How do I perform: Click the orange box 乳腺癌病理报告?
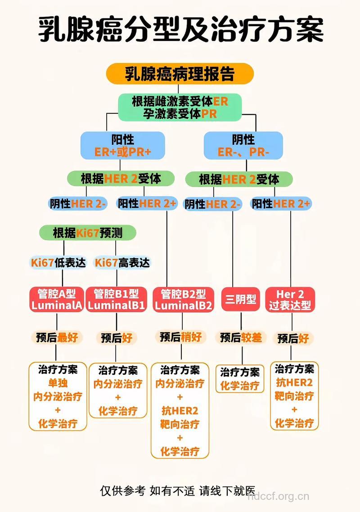pyautogui.click(x=180, y=74)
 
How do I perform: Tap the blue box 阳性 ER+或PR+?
pyautogui.click(x=122, y=145)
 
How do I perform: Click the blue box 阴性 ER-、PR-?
pyautogui.click(x=243, y=145)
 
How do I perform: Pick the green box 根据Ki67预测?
pyautogui.click(x=87, y=233)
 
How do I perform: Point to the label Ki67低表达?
pyautogui.click(x=58, y=263)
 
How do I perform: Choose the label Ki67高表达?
pyautogui.click(x=122, y=263)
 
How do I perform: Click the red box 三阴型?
pyautogui.click(x=241, y=299)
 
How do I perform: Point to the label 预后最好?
pyautogui.click(x=57, y=337)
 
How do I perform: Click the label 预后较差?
pyautogui.click(x=241, y=337)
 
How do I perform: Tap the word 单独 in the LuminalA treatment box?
pyautogui.click(x=58, y=383)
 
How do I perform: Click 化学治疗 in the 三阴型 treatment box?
pyautogui.click(x=240, y=386)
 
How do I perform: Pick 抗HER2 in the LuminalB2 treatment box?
pyautogui.click(x=180, y=411)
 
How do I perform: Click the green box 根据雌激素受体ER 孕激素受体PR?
pyautogui.click(x=180, y=107)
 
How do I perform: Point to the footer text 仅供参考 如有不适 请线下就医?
pyautogui.click(x=178, y=490)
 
